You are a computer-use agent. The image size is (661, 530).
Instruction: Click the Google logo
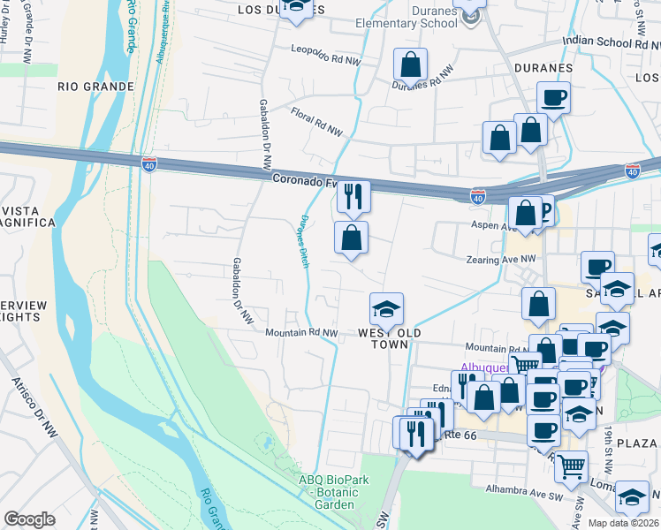pyautogui.click(x=30, y=519)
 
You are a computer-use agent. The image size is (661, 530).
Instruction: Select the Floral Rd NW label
pyautogui.click(x=316, y=122)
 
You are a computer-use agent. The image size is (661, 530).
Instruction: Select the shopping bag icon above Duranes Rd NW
pyautogui.click(x=412, y=64)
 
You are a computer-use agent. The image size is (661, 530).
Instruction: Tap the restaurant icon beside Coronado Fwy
pyautogui.click(x=353, y=196)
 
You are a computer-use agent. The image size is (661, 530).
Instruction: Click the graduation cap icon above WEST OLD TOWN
pyautogui.click(x=386, y=309)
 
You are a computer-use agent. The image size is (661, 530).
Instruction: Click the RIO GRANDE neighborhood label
pyautogui.click(x=95, y=87)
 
